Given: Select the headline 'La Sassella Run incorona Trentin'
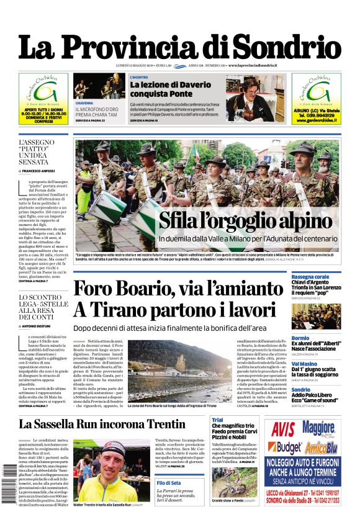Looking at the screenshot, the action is coord(101,424).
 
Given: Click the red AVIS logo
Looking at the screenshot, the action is coord(282,429).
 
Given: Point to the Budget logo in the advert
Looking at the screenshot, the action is coord(284,447).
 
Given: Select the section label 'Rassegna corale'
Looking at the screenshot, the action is coord(310,276).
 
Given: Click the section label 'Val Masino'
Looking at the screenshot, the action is coord(305,364).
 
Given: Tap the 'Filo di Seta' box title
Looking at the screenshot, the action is coord(169,482).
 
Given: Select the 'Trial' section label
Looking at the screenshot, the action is coord(217,420).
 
